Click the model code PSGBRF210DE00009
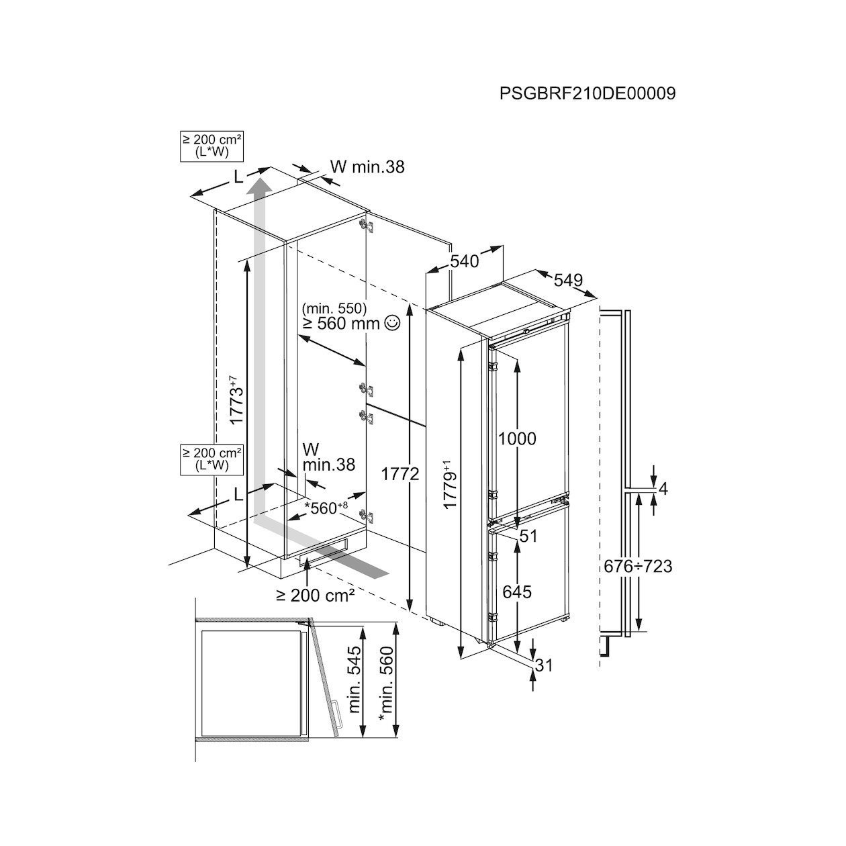click(587, 94)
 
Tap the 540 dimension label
click(464, 261)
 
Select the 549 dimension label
click(568, 280)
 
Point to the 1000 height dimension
click(517, 438)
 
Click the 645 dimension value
click(517, 592)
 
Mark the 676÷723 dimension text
click(638, 567)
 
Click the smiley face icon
click(392, 324)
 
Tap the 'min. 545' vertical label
click(355, 685)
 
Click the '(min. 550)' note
click(334, 308)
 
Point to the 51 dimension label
click(529, 536)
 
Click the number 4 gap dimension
click(663, 489)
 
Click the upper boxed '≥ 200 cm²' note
click(211, 146)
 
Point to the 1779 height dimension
click(450, 483)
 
